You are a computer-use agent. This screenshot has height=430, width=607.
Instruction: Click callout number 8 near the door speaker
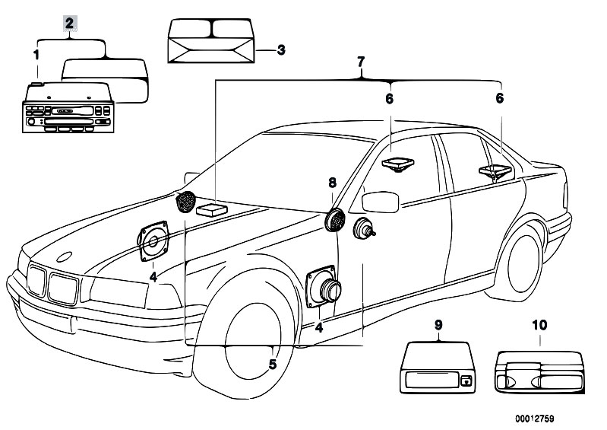[x=331, y=183]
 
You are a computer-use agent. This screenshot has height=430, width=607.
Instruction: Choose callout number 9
[x=438, y=325]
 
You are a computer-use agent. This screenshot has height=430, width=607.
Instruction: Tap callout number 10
[x=539, y=325]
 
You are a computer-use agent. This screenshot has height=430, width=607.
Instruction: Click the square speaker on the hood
[x=155, y=242]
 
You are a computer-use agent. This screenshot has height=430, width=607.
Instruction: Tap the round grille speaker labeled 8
[x=334, y=221]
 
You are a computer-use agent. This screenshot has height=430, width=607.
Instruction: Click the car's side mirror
[x=381, y=202]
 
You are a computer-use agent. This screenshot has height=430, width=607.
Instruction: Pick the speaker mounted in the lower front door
[x=324, y=288]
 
